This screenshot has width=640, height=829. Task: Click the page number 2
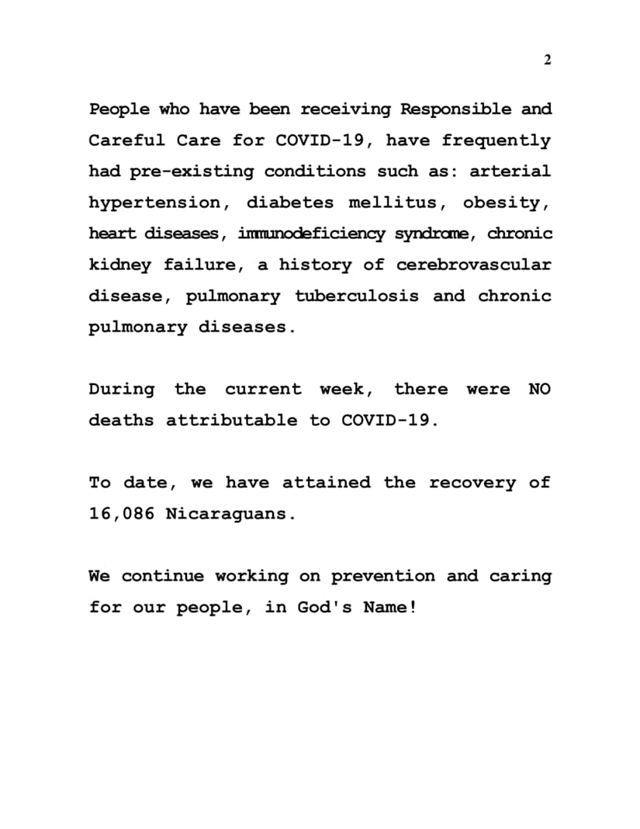(547, 61)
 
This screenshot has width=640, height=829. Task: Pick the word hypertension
(154, 203)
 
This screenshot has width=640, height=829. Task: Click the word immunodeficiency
(311, 234)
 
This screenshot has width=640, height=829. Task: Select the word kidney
(120, 265)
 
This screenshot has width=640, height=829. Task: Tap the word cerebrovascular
(474, 265)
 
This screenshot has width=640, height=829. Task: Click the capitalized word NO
(539, 389)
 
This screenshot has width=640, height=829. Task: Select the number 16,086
(121, 514)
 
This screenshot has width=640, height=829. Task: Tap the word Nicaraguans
(230, 514)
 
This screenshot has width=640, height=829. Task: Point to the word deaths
(122, 420)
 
